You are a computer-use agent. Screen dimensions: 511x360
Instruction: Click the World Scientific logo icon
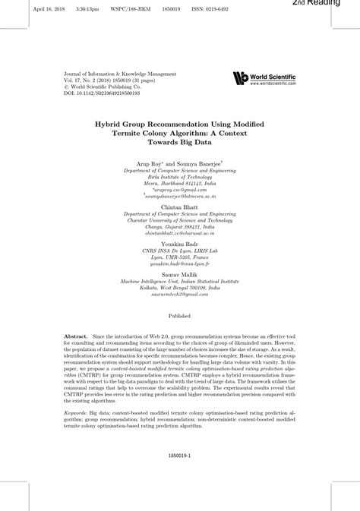click(x=241, y=78)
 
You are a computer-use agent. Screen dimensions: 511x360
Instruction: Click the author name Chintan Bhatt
click(x=180, y=207)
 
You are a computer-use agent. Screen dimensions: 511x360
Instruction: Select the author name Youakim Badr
click(x=180, y=244)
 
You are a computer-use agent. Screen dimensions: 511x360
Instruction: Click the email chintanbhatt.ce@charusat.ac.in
click(x=180, y=234)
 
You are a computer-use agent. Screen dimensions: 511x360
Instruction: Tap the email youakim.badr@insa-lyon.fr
click(x=180, y=263)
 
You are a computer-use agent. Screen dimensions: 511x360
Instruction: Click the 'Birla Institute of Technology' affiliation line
click(x=180, y=177)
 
